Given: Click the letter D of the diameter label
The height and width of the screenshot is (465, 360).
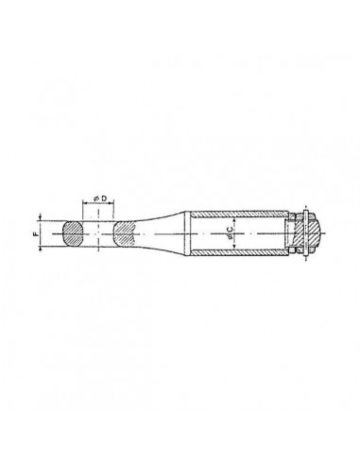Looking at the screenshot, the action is click(104, 198).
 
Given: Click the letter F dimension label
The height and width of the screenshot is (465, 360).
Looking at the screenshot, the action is click(35, 234).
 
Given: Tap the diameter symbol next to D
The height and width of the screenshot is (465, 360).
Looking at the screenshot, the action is click(96, 198).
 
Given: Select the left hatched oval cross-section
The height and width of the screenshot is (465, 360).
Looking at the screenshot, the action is click(73, 233).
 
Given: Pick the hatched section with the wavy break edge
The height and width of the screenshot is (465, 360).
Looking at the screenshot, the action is click(125, 233).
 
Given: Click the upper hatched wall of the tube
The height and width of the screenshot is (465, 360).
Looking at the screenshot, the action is click(239, 214).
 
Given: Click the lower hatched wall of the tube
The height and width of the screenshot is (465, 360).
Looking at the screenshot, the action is click(239, 252).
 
